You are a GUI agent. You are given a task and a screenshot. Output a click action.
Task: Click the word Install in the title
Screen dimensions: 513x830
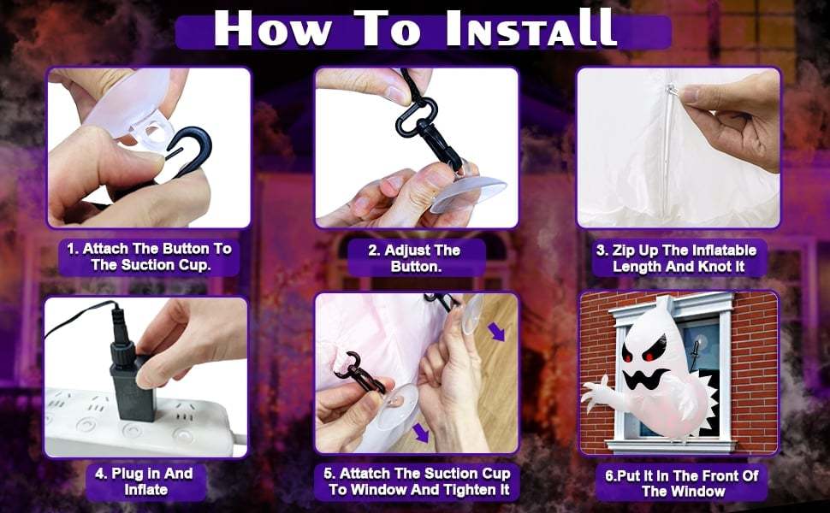coord(530,28)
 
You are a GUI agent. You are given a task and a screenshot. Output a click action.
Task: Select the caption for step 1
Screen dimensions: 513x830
coord(150,256)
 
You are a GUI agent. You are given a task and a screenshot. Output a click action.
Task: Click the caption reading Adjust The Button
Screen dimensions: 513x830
coord(413,257)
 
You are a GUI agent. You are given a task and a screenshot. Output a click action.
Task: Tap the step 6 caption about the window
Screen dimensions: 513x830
coord(678,482)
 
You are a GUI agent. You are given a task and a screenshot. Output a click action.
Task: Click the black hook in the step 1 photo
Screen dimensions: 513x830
coord(175,154)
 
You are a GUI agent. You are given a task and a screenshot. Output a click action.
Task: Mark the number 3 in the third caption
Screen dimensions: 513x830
coord(602,251)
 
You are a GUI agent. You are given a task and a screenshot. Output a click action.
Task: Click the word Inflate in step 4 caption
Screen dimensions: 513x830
coord(146,490)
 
